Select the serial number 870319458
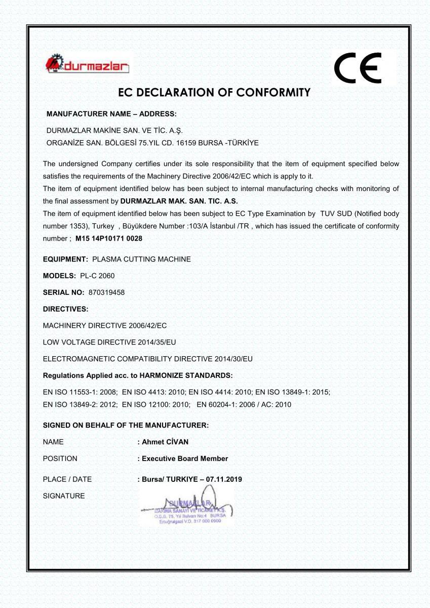click(x=106, y=292)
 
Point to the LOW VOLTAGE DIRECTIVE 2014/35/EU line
click(x=109, y=342)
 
